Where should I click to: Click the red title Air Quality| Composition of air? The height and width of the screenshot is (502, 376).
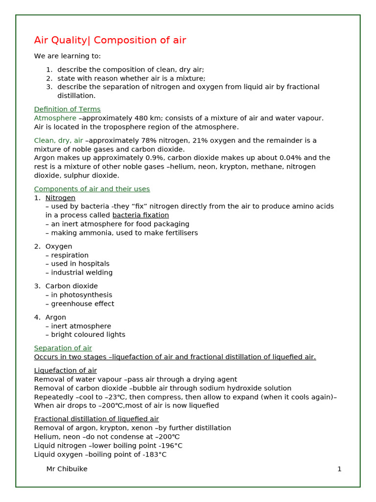(x=110, y=40)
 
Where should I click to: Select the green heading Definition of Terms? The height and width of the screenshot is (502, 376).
(x=67, y=109)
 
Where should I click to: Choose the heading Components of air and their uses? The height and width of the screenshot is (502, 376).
(x=92, y=189)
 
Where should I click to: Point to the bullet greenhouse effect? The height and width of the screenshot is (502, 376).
(x=82, y=304)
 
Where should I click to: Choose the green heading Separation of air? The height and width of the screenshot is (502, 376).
(x=63, y=348)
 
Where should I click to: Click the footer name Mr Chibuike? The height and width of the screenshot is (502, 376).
(x=67, y=469)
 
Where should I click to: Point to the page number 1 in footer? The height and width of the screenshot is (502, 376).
(x=339, y=469)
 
